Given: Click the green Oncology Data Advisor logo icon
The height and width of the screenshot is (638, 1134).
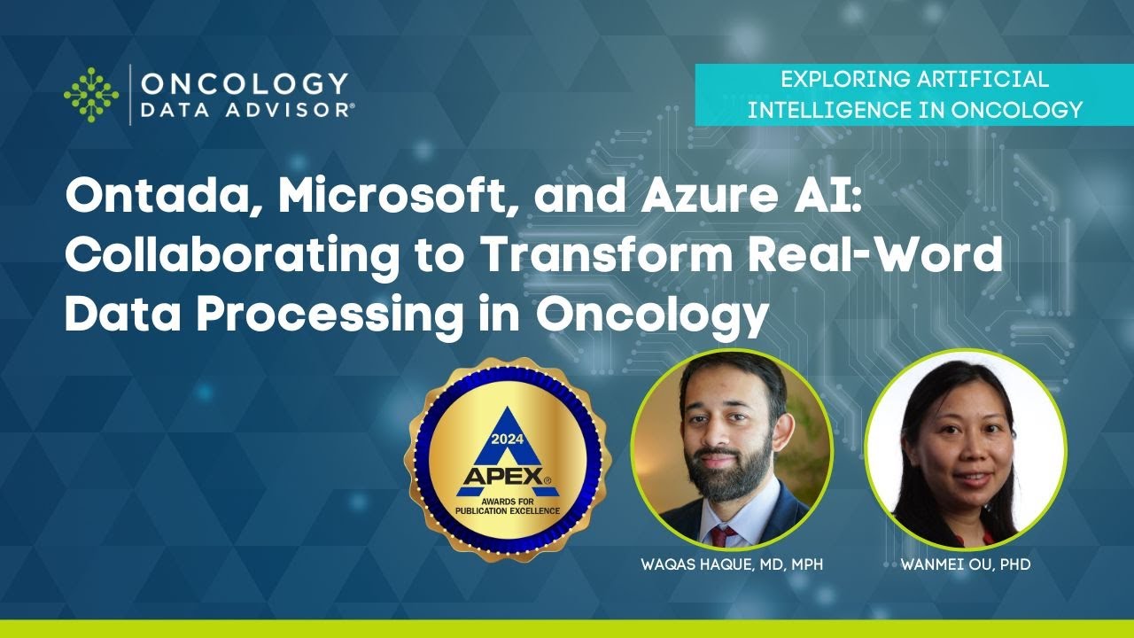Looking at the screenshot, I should click(x=91, y=93).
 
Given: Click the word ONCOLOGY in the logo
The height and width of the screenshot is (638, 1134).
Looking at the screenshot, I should click(x=245, y=83).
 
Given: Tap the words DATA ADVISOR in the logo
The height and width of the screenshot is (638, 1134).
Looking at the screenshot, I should click(x=248, y=109).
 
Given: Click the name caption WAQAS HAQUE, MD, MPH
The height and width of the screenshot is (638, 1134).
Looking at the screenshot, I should click(x=731, y=564).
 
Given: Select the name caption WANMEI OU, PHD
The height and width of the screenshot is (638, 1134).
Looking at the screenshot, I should click(x=966, y=564).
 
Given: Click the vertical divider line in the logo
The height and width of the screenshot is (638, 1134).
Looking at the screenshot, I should click(x=130, y=94).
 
